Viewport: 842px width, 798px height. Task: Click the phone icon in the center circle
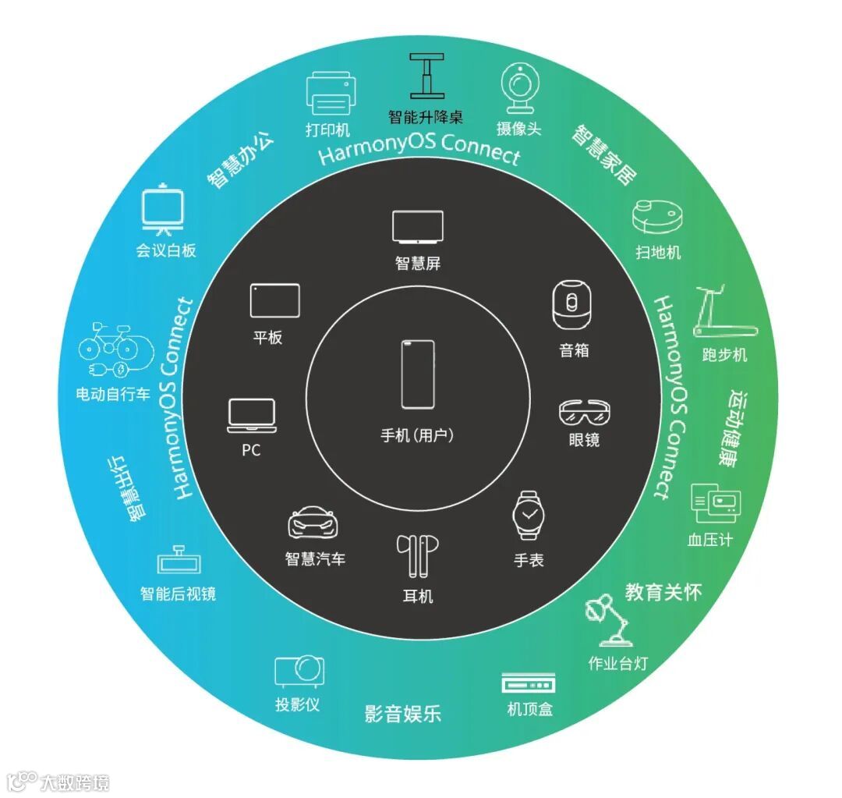coord(418,374)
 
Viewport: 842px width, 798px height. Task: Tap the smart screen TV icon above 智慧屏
coord(417,227)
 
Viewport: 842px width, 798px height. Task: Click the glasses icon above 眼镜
coord(585,411)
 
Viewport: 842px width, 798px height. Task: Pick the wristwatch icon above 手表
coord(529,516)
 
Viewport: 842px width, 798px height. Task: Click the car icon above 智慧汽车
coord(314,524)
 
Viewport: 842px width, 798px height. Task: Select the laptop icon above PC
coord(251,415)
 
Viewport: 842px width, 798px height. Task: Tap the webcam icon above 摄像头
coord(518,87)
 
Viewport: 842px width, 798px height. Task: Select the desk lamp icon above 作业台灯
coord(610,619)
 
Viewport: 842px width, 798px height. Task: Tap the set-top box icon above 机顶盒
coord(529,683)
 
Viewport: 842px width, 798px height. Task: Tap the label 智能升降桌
coord(426,117)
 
